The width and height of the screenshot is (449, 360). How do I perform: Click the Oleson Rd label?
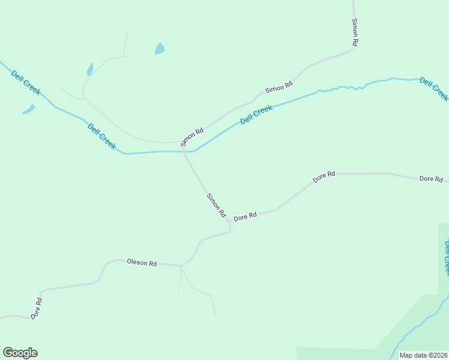(x=142, y=263)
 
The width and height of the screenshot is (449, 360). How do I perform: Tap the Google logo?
(x=20, y=353)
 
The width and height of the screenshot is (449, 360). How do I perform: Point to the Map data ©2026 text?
(x=424, y=355)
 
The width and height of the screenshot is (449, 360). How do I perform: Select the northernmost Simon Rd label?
(x=355, y=32)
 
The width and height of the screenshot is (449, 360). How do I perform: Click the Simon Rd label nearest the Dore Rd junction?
(x=216, y=205)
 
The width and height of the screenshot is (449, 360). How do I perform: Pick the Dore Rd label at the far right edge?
(x=431, y=179)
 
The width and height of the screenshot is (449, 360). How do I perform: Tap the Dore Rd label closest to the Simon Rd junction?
(x=245, y=216)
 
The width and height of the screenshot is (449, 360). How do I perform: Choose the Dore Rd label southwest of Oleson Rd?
(x=37, y=308)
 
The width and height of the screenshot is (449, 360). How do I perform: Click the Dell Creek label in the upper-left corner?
(x=26, y=82)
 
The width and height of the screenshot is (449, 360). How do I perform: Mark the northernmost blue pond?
(x=160, y=49)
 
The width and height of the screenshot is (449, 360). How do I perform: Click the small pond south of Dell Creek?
(x=29, y=110)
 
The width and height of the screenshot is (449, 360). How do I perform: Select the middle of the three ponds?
(x=90, y=69)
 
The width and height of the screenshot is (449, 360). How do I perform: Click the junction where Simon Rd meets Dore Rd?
(x=229, y=222)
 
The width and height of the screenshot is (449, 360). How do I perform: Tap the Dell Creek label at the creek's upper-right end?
(x=433, y=89)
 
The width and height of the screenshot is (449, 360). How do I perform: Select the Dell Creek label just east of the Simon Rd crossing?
(x=256, y=115)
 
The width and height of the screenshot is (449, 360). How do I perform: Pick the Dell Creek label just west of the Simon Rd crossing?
(x=101, y=136)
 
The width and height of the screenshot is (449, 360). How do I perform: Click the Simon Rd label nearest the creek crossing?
(x=192, y=137)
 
